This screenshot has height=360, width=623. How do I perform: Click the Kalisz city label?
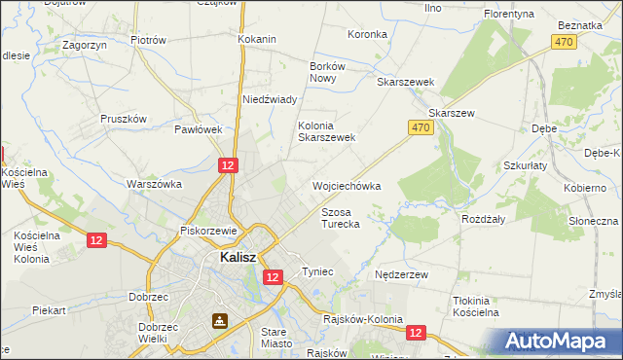232,258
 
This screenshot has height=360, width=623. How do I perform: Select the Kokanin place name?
257,39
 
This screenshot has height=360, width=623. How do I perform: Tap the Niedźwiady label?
270,99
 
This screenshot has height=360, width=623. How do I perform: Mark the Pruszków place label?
123,119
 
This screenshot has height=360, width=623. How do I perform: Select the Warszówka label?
155,183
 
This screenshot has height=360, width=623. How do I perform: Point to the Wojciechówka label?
346,185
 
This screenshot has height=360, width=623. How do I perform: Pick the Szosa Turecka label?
341,217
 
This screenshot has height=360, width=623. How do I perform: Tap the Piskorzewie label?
209,231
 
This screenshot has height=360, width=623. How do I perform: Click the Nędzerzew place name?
402,275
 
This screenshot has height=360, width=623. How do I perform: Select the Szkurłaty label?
527,165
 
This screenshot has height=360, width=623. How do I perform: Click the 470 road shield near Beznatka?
563,42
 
